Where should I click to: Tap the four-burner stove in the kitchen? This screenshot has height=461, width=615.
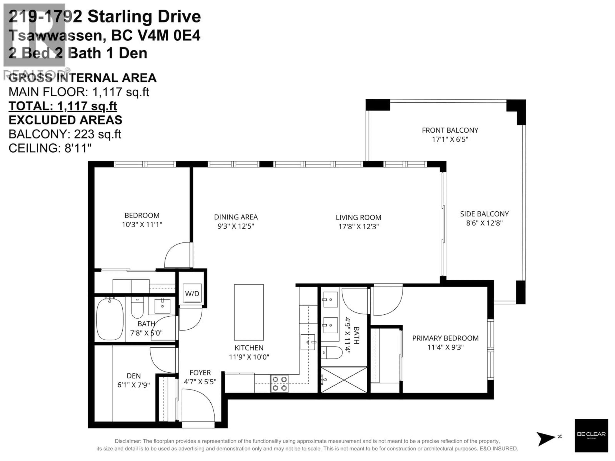(x=279, y=384)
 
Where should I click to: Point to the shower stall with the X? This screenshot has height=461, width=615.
(x=344, y=380)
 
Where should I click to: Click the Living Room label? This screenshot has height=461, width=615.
(x=358, y=218)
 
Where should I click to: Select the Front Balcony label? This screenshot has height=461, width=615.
(x=450, y=130)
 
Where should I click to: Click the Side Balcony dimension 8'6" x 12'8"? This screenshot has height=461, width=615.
(x=484, y=223)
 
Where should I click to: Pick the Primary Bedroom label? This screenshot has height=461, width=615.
(x=445, y=338)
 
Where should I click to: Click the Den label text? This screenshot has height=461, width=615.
(x=133, y=376)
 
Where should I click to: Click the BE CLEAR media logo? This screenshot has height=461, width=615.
(x=591, y=435)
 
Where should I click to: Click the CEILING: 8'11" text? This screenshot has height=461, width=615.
(x=50, y=148)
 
